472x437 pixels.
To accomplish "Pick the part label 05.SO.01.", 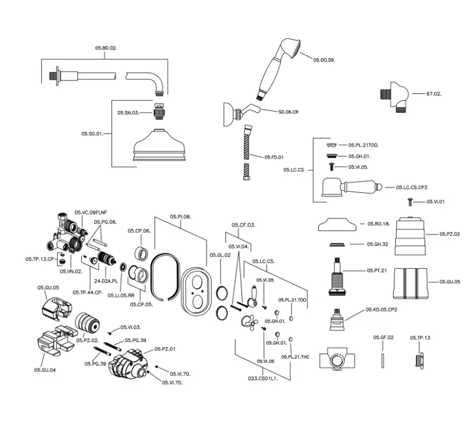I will coord(92,134).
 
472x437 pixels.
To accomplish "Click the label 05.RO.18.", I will coord(378,224).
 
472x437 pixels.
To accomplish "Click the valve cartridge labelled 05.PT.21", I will coord(339,276).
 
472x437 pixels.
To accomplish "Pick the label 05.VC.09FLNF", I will coord(90,212).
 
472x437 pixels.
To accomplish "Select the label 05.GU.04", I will coord(45,370).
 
